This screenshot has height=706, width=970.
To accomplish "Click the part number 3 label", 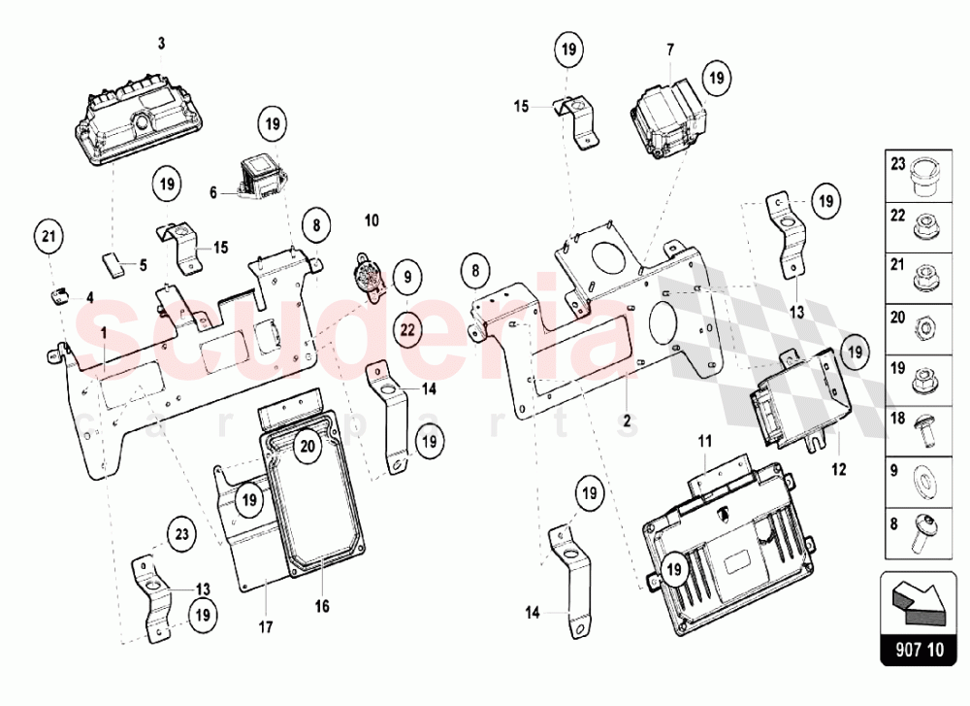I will click(162, 43).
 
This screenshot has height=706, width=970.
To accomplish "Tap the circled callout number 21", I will click(49, 234).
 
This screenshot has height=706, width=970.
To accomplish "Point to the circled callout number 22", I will click(407, 330).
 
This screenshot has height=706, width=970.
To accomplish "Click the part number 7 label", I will click(669, 48).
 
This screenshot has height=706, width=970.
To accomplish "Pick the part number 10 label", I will click(372, 222).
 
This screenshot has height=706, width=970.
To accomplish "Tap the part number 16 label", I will click(321, 606).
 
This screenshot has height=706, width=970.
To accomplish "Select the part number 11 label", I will click(706, 441).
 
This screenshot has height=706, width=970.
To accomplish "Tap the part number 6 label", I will click(213, 192).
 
